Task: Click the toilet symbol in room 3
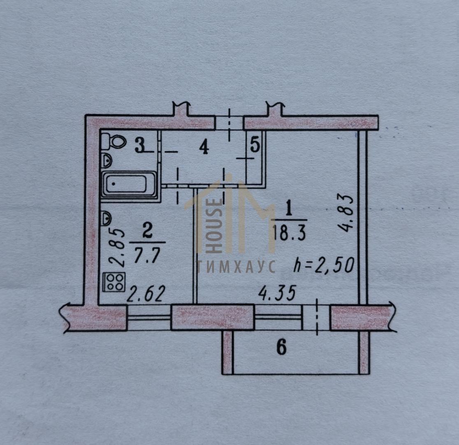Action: [114, 141]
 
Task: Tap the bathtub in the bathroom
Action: [129, 185]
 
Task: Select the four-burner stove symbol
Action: [114, 282]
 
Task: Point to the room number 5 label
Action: [255, 145]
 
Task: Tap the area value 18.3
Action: [289, 233]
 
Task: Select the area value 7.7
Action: [147, 256]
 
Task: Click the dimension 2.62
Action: [145, 294]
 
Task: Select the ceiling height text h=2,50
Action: [324, 265]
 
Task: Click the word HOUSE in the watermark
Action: [216, 226]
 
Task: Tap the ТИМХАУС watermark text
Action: [236, 267]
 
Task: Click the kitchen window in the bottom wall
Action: [149, 318]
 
